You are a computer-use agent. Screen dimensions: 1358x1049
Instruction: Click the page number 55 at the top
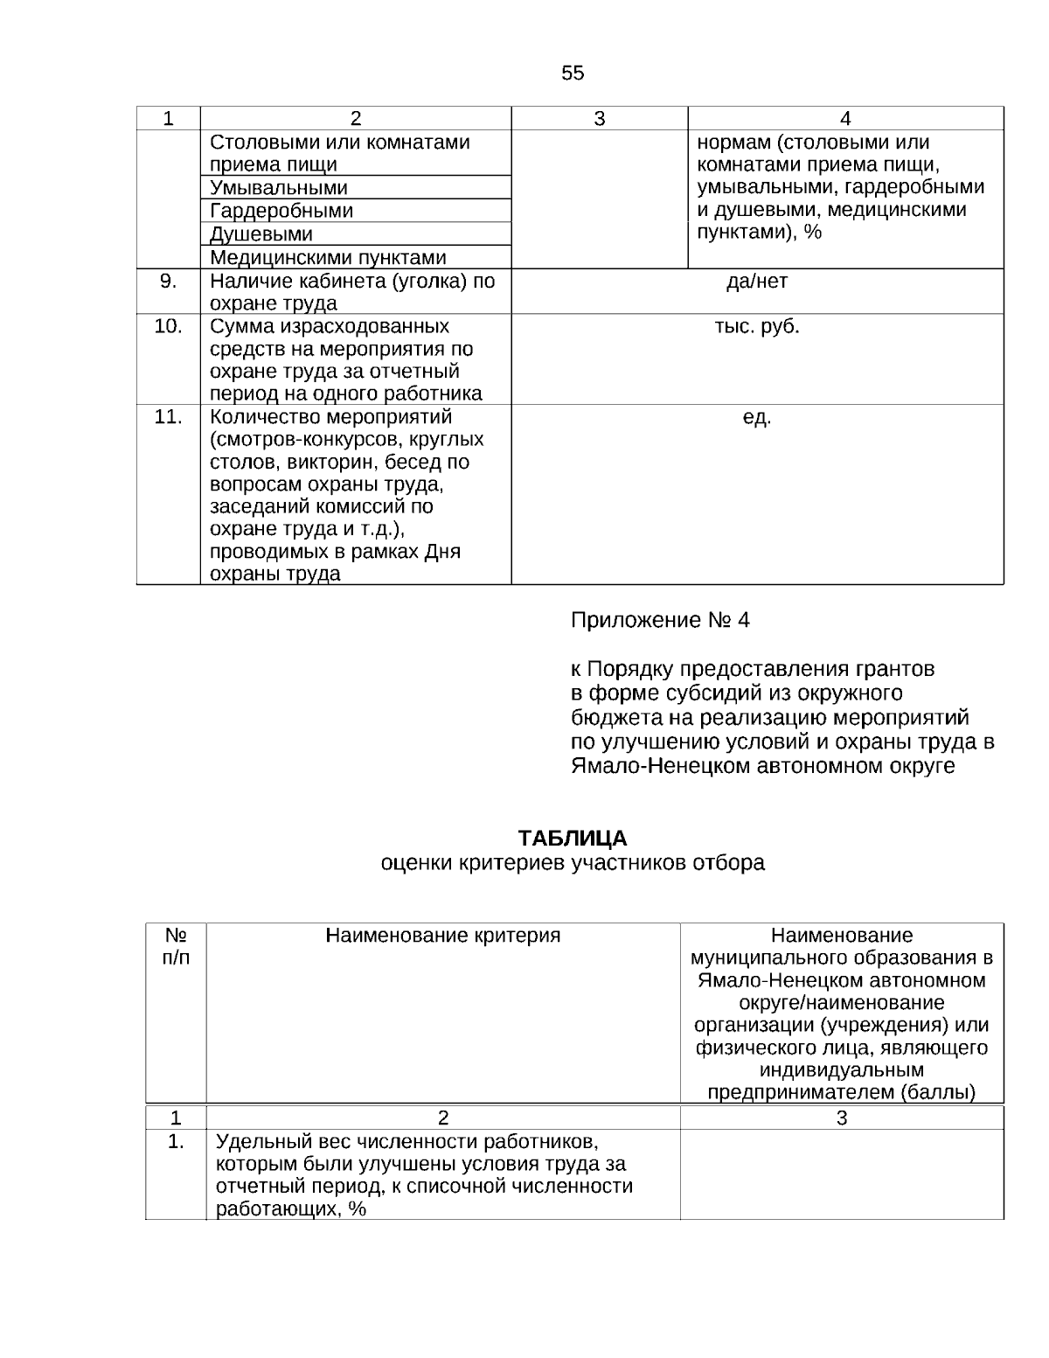pyautogui.click(x=573, y=73)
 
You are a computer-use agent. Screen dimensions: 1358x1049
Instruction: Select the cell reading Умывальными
pyautogui.click(x=279, y=188)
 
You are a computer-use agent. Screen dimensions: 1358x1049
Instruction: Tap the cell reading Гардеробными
pyautogui.click(x=281, y=211)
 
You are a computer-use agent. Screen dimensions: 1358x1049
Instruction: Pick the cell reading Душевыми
pyautogui.click(x=261, y=234)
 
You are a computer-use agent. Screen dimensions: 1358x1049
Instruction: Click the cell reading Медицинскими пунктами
pyautogui.click(x=328, y=258)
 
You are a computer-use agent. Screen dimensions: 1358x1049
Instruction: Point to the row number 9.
pyautogui.click(x=169, y=281)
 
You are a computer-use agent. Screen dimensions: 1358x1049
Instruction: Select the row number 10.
pyautogui.click(x=169, y=326)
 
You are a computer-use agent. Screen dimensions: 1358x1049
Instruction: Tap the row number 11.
pyautogui.click(x=169, y=417)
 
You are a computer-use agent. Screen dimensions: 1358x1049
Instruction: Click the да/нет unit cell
pyautogui.click(x=757, y=282)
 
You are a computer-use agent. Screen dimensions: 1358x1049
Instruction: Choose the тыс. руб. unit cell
pyautogui.click(x=757, y=327)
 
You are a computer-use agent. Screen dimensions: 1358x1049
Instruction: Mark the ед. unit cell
pyautogui.click(x=757, y=418)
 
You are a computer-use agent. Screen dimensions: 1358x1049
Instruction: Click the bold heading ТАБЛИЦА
pyautogui.click(x=573, y=839)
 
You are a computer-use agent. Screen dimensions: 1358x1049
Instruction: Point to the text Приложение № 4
pyautogui.click(x=660, y=621)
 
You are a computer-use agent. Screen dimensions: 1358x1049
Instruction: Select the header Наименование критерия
pyautogui.click(x=443, y=936)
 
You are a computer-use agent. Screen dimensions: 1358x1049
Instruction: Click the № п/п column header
pyautogui.click(x=176, y=946)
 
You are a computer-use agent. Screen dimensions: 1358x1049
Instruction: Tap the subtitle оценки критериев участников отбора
pyautogui.click(x=573, y=863)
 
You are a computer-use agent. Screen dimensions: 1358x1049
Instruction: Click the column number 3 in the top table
pyautogui.click(x=600, y=119)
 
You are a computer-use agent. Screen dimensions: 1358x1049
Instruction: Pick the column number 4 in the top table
pyautogui.click(x=845, y=119)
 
